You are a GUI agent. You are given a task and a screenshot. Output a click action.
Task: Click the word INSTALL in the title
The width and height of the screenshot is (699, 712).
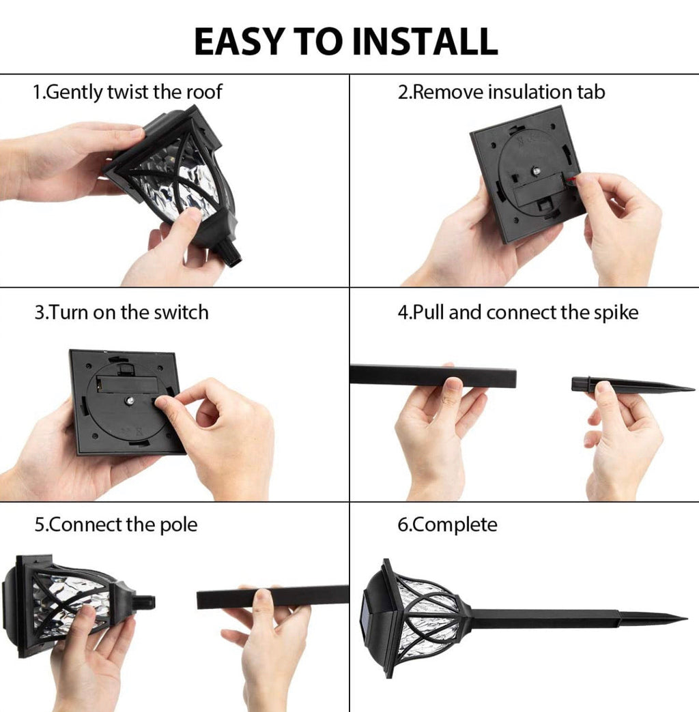[425, 42]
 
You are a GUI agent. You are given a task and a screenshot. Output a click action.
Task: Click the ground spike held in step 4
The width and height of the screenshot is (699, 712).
[631, 386]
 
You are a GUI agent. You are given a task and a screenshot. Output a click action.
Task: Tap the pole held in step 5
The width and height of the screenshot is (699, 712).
[272, 597]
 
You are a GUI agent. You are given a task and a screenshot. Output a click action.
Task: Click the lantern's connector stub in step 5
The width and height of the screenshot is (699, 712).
[145, 603]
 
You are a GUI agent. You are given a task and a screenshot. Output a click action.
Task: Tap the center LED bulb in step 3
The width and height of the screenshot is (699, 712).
[130, 400]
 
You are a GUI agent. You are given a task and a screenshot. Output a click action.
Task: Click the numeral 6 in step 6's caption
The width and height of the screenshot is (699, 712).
[402, 525]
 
